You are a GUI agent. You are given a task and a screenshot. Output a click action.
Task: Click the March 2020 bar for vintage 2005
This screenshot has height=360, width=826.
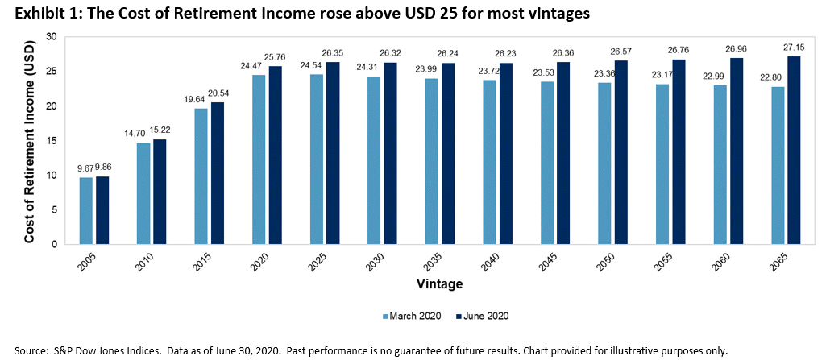(x=85, y=211)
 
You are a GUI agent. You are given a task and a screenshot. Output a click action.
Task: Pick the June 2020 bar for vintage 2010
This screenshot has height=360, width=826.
(x=160, y=192)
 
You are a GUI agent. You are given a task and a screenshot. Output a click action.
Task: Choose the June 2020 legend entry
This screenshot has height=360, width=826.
(x=484, y=315)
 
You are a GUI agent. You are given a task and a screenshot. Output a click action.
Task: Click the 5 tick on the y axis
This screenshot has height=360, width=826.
(x=53, y=209)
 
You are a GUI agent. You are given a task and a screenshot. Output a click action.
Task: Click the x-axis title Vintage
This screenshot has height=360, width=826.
(x=439, y=284)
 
